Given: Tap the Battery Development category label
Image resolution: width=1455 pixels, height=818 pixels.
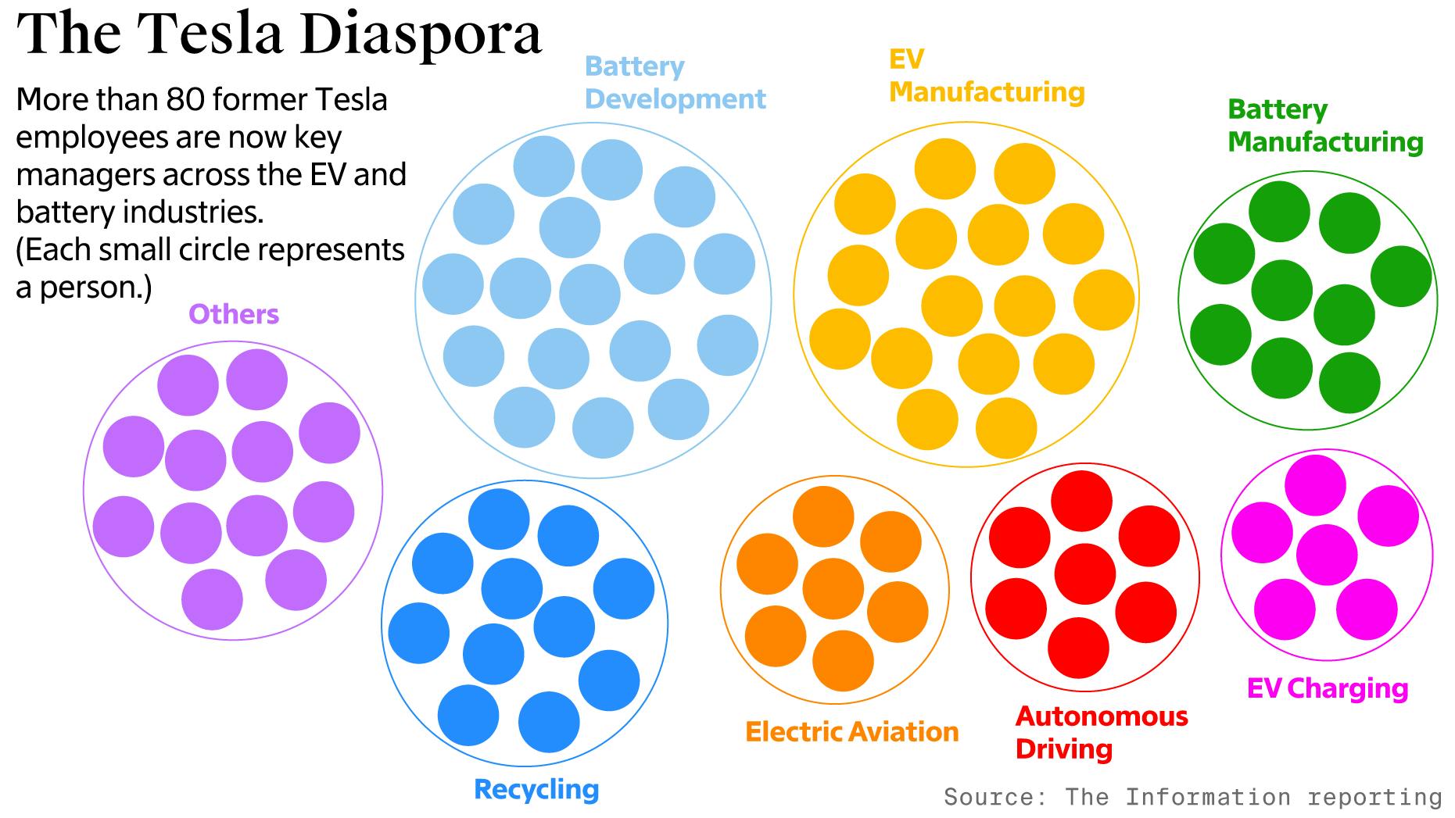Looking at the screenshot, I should (x=674, y=83).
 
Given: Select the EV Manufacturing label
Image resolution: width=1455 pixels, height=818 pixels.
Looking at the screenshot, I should (x=986, y=76).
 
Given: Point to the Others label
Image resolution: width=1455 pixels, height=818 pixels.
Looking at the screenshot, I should (x=233, y=314).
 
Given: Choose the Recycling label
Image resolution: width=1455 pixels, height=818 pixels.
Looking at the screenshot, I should (x=536, y=789).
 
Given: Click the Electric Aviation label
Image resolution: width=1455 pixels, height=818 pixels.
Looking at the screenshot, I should (x=851, y=732).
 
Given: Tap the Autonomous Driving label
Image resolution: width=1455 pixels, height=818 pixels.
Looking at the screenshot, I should (x=1101, y=732).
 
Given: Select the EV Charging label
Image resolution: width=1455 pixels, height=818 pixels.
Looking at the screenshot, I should (x=1327, y=688).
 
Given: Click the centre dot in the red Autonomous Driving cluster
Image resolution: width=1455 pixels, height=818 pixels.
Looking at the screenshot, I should (x=1084, y=574).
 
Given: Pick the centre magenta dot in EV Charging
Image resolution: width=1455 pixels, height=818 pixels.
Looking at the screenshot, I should (x=1326, y=555).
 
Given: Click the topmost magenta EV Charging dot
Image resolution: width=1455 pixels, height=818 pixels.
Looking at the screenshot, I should (x=1315, y=485).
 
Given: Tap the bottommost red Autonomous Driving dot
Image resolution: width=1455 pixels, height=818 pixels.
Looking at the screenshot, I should (x=1078, y=648).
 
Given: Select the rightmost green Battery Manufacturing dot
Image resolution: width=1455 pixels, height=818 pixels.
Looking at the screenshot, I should (x=1401, y=276).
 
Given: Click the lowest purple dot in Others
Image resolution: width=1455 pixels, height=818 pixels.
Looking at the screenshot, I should (x=212, y=599).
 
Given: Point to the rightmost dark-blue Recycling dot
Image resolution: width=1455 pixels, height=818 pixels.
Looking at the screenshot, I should (x=624, y=589).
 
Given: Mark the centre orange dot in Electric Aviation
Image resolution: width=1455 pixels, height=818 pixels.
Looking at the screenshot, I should (x=833, y=589).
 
